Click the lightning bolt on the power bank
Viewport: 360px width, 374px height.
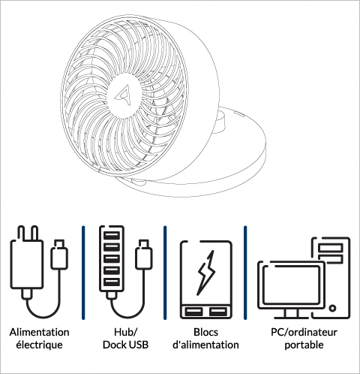pos(206,273)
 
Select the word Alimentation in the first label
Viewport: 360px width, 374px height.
pos(40,332)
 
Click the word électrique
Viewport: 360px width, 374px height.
pos(39,345)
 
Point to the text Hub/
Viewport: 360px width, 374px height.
pos(125,332)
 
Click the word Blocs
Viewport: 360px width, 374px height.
pos(205,332)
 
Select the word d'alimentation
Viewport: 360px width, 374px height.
pos(205,345)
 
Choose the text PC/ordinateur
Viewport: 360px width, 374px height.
pos(304,332)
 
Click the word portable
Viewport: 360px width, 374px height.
pos(304,345)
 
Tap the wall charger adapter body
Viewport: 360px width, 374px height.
pos(26,264)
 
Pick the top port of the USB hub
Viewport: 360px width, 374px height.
pos(112,236)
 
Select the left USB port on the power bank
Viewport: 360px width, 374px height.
pos(193,312)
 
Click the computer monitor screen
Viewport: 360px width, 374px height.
pos(292,285)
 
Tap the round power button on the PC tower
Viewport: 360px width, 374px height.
pos(332,308)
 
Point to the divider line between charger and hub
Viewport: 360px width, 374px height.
pos(83,273)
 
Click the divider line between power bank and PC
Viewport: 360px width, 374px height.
pos(245,273)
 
